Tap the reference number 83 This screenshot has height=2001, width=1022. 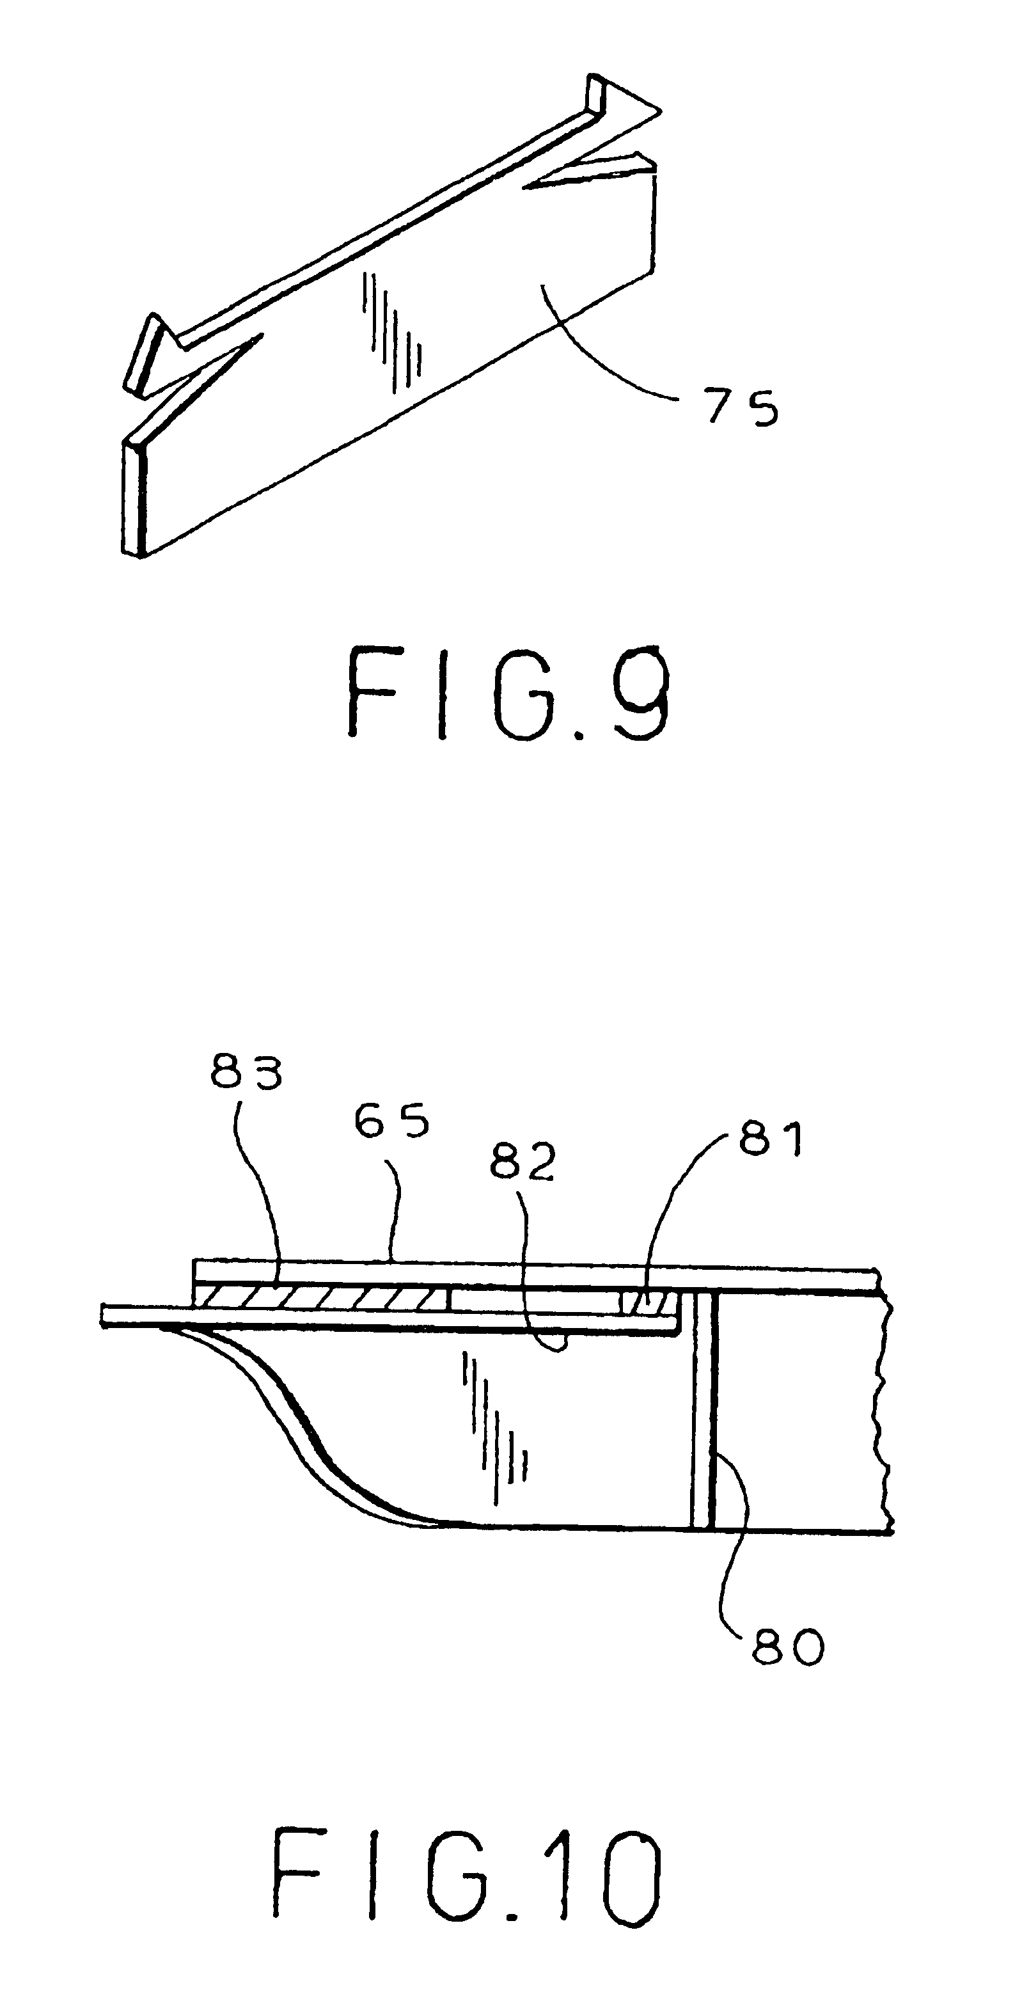click(x=246, y=1073)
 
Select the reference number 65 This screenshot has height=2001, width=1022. click(x=392, y=1121)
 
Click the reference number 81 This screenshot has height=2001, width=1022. click(x=771, y=1139)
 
